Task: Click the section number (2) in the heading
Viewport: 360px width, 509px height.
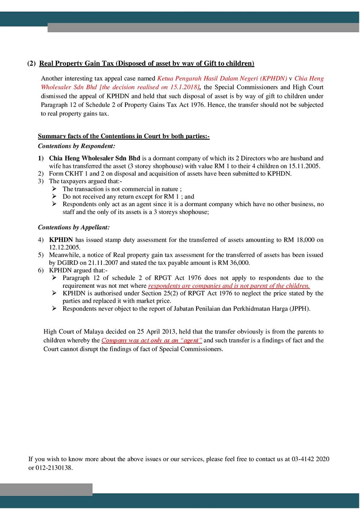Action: point(31,63)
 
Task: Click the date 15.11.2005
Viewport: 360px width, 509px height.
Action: point(306,166)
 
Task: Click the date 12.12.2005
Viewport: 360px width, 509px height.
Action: point(64,247)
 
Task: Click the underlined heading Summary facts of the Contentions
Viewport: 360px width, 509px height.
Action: point(123,136)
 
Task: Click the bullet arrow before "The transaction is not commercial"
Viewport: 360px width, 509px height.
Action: point(54,189)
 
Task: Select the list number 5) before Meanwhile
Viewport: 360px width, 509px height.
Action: point(41,255)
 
